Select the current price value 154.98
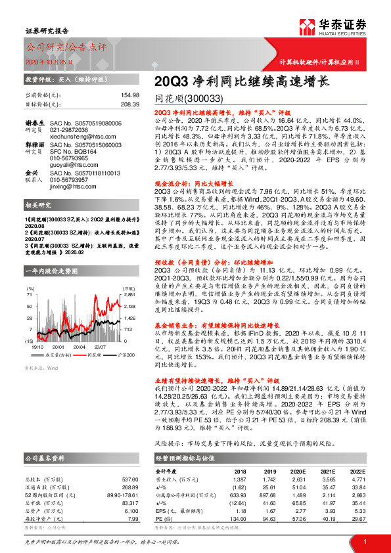pos(130,95)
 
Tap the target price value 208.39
pos(130,104)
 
